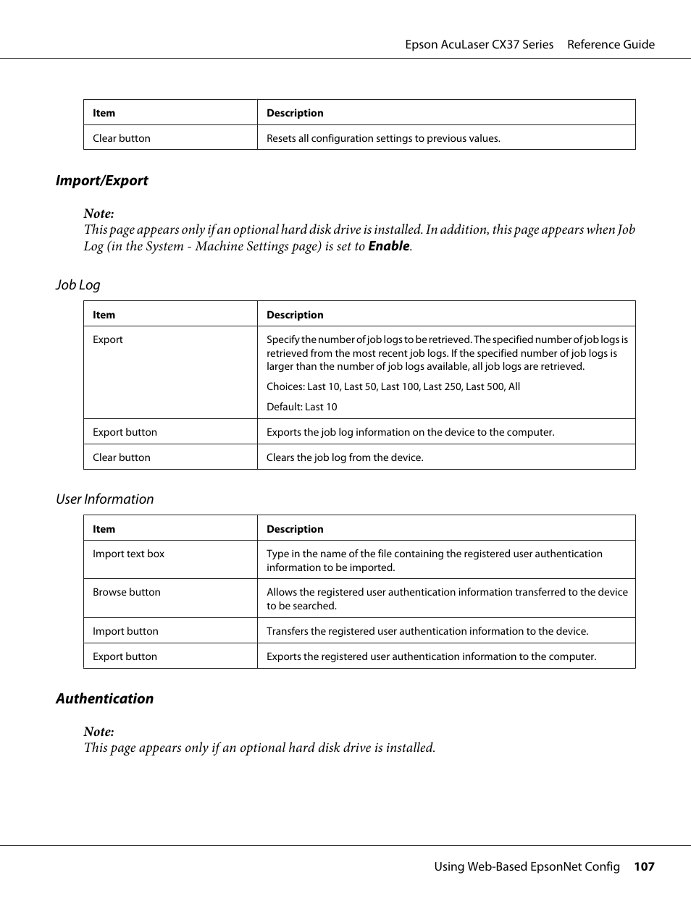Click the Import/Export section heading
(101, 181)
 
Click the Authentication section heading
(104, 699)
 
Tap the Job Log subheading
(78, 285)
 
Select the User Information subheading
(104, 499)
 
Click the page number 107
(644, 867)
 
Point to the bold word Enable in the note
(388, 246)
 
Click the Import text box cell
(128, 554)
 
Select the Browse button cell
(127, 593)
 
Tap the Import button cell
(125, 632)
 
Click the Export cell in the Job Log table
(108, 340)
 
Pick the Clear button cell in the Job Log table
(122, 458)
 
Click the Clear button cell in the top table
(122, 138)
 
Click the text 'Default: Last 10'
(301, 407)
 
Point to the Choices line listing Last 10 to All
(393, 387)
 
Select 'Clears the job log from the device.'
(345, 458)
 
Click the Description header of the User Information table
(295, 530)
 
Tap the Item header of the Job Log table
(104, 316)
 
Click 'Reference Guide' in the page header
(611, 45)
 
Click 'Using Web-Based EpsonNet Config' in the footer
(527, 867)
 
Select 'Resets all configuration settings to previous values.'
(383, 138)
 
